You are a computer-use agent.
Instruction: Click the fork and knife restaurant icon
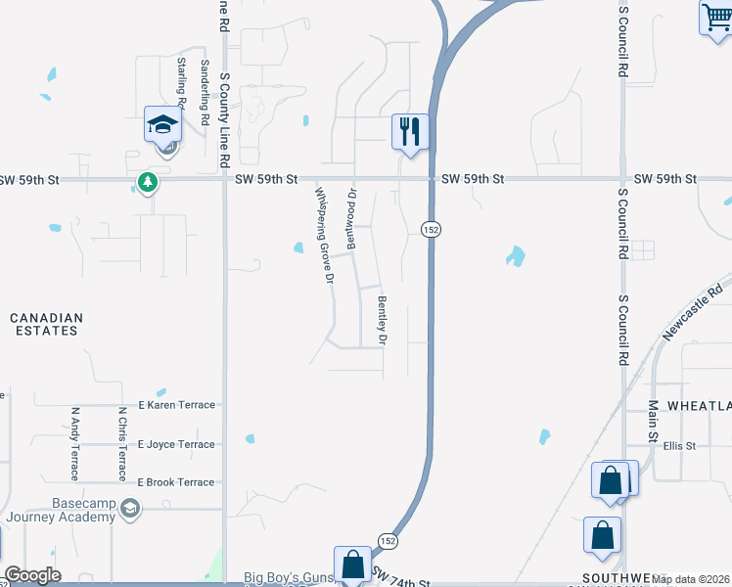(410, 129)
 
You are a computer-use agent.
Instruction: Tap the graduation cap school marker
(163, 124)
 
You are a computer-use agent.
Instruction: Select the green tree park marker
(148, 181)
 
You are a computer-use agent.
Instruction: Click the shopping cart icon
(715, 19)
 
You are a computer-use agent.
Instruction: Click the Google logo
(32, 575)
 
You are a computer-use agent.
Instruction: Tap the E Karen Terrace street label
(176, 405)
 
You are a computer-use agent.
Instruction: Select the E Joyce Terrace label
(176, 444)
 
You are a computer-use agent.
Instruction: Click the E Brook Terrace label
(176, 482)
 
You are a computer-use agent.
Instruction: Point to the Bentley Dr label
(383, 320)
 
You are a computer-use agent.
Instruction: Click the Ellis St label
(678, 446)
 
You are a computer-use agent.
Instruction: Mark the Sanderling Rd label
(205, 93)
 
